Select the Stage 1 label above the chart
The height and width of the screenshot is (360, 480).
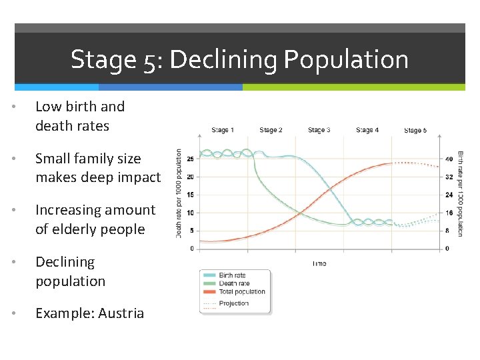[223, 130]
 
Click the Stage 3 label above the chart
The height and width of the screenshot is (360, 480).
[319, 130]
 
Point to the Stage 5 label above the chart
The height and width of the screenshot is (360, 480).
[415, 131]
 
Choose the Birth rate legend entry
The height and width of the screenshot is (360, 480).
[232, 275]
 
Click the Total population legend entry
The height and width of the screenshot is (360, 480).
[241, 291]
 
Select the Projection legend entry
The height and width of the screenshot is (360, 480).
[233, 303]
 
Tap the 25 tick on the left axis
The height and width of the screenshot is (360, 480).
[191, 159]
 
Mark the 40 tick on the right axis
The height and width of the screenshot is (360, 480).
[449, 159]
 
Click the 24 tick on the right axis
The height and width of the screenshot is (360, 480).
[449, 195]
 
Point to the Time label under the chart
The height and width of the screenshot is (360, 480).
[319, 264]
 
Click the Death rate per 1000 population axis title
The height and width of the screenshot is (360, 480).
[179, 193]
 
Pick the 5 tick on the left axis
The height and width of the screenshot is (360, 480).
[192, 231]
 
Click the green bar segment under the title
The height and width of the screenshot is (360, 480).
[353, 87]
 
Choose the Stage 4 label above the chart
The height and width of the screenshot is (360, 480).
[367, 130]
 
